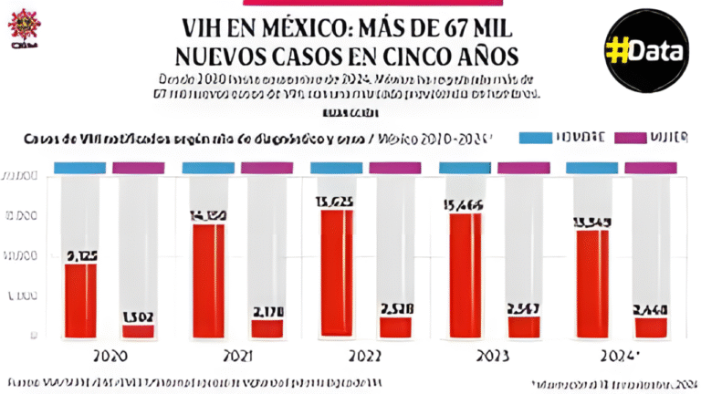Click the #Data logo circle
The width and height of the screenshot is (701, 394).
coord(644,50)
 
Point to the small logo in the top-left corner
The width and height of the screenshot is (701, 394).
coord(22,27)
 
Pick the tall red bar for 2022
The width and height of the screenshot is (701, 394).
coord(337,273)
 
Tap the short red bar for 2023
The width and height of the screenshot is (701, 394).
coord(524,327)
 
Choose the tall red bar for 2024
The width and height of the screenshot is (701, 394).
coord(594,283)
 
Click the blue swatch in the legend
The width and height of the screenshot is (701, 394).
coord(548,138)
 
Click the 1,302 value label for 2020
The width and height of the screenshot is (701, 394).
coord(139,316)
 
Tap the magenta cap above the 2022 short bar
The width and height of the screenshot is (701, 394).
coord(395,168)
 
